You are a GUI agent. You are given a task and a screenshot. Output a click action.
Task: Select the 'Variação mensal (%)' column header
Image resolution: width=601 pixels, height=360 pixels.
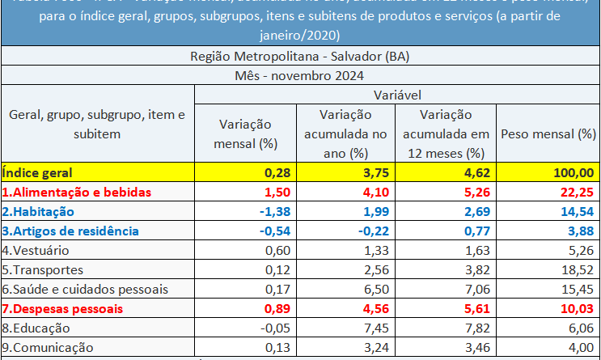click(245, 133)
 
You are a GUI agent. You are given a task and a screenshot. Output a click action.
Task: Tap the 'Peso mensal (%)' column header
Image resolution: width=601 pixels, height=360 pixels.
click(548, 133)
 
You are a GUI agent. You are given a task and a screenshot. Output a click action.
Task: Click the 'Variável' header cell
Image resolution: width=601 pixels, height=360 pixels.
click(396, 95)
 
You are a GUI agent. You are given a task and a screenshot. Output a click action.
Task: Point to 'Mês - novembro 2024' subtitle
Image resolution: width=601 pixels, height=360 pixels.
click(300, 76)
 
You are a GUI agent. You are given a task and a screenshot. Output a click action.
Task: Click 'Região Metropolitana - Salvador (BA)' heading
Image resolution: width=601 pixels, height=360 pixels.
click(300, 57)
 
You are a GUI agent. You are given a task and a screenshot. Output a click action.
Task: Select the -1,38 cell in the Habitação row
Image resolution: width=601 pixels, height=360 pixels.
click(273, 211)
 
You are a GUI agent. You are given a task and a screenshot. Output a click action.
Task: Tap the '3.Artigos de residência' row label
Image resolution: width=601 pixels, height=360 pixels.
click(70, 231)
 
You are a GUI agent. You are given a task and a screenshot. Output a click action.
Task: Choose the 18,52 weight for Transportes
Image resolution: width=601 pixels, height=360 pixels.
click(578, 269)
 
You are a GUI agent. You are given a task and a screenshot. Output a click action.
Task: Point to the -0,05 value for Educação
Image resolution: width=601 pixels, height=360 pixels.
click(273, 328)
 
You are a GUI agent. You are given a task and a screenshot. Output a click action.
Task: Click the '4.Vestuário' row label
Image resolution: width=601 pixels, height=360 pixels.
click(36, 250)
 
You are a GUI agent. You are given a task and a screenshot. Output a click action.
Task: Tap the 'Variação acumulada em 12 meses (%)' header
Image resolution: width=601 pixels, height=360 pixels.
click(446, 133)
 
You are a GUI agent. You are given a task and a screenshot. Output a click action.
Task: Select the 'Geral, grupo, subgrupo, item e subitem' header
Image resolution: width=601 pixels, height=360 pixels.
click(97, 125)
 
